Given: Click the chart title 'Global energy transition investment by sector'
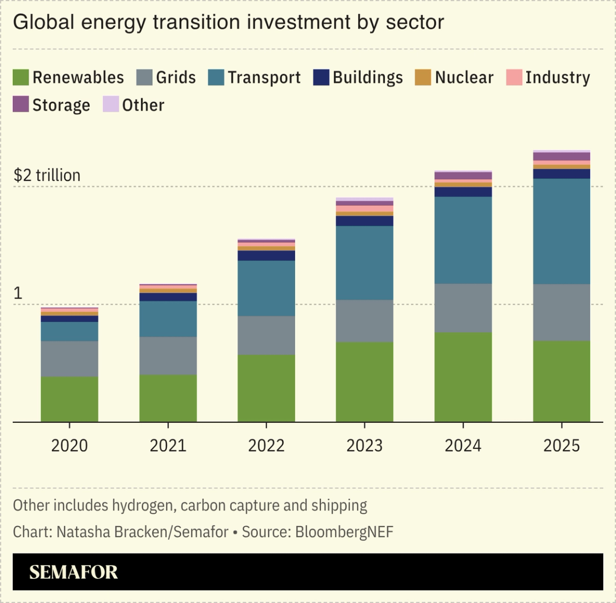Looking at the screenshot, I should click(228, 22).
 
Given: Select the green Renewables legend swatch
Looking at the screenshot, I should click(20, 78).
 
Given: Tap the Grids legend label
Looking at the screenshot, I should click(175, 78).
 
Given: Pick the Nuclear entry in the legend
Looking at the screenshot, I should click(464, 78).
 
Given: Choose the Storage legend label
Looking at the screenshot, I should click(61, 105).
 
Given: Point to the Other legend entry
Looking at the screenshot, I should click(143, 105).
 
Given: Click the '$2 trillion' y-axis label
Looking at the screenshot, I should click(47, 175).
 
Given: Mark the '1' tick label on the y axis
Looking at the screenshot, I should click(18, 293).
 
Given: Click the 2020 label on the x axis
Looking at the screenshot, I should click(70, 445).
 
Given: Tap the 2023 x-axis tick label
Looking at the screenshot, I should click(365, 445).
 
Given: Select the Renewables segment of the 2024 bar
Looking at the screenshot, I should click(463, 377).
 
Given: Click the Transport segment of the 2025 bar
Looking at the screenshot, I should click(561, 231).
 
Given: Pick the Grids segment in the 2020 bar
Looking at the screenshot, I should click(70, 359).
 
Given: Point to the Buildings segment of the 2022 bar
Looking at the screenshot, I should click(266, 256).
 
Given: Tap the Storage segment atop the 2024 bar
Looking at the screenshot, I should click(463, 176).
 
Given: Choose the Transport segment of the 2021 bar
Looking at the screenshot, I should click(168, 319).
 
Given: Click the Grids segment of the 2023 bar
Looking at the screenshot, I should click(365, 321).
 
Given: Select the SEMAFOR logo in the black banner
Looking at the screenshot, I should click(73, 572).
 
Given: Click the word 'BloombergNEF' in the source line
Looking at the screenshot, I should click(344, 532).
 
